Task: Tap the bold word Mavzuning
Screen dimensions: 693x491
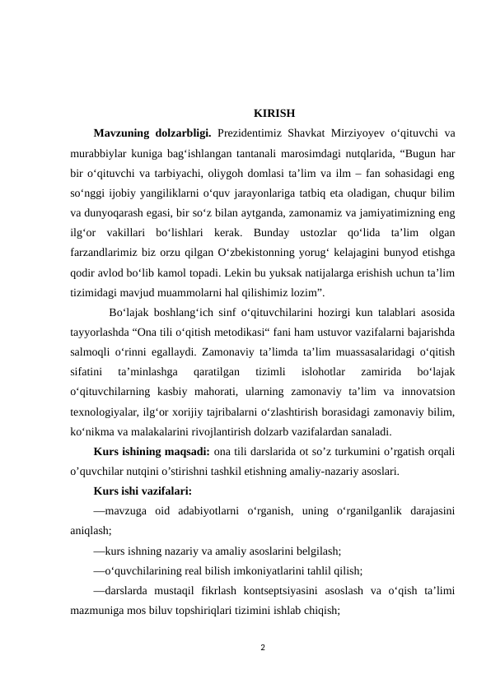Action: pos(123,133)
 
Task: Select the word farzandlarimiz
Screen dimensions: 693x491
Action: pos(106,251)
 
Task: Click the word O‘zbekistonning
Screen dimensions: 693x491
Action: pos(264,251)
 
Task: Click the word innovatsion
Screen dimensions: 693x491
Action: pos(425,389)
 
